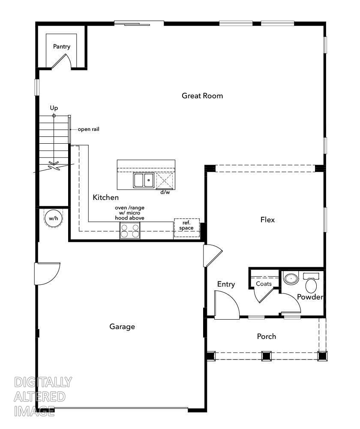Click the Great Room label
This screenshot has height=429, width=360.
tap(202, 96)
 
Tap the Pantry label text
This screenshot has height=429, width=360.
tap(62, 46)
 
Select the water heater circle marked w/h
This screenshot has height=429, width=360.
tap(53, 218)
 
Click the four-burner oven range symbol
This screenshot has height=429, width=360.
tap(130, 231)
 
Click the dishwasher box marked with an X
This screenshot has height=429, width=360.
tap(165, 181)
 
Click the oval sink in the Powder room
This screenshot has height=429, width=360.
tap(291, 279)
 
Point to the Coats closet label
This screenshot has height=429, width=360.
tap(264, 284)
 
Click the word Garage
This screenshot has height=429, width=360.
tap(122, 326)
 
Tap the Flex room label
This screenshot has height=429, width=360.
tap(267, 220)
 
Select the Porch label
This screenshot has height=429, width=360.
tap(266, 336)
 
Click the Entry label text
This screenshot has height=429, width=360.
tap(226, 284)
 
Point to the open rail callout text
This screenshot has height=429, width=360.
tap(88, 129)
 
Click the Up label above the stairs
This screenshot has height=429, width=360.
tap(54, 108)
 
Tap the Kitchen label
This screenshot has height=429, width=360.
tap(105, 197)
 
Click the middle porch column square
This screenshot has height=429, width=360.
tap(266, 355)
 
